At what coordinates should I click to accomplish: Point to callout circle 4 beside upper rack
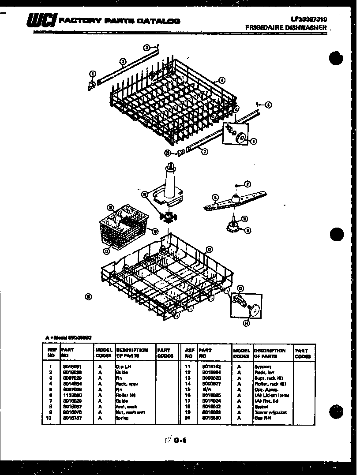point(222,80)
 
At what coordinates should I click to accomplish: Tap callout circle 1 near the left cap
point(92,73)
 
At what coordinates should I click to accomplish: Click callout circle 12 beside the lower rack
point(210,248)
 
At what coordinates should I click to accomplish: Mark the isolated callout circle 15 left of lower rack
point(88,296)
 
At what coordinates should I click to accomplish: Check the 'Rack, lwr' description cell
point(263,372)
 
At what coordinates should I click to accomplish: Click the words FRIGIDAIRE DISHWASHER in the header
point(286,27)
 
